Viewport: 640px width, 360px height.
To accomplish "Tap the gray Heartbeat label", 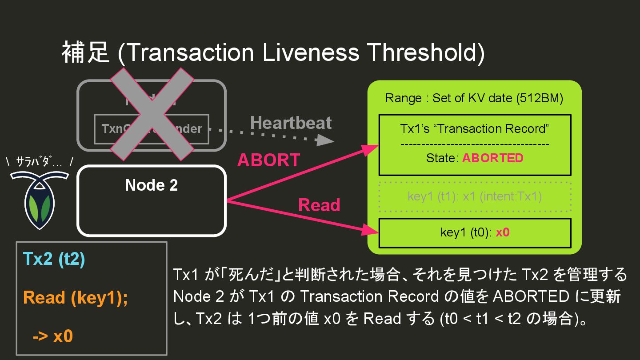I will (x=291, y=123).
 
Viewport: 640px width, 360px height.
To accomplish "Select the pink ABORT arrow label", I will (x=268, y=160).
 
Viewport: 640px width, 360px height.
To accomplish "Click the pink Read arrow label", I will (x=319, y=205).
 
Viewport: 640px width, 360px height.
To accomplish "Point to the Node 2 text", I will (x=152, y=185).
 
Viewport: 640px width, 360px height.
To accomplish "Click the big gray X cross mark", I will (x=152, y=114).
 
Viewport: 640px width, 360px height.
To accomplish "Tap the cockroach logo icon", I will (x=40, y=200).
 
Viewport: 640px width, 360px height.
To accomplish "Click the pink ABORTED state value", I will (x=492, y=158).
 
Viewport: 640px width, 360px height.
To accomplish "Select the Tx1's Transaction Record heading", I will (x=475, y=129).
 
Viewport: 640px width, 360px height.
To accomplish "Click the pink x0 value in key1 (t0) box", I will (x=502, y=232).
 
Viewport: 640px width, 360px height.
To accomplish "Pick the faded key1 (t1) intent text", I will (x=474, y=196).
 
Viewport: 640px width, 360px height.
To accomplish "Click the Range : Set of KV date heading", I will (x=474, y=98).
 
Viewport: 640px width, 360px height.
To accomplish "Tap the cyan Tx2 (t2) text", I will (x=54, y=260).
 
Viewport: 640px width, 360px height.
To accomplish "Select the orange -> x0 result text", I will (x=52, y=336).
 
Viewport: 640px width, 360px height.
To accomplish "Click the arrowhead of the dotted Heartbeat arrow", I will (x=328, y=141).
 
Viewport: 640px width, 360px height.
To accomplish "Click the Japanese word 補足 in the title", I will (x=85, y=52).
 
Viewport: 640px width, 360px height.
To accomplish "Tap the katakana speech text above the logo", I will (x=40, y=163).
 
